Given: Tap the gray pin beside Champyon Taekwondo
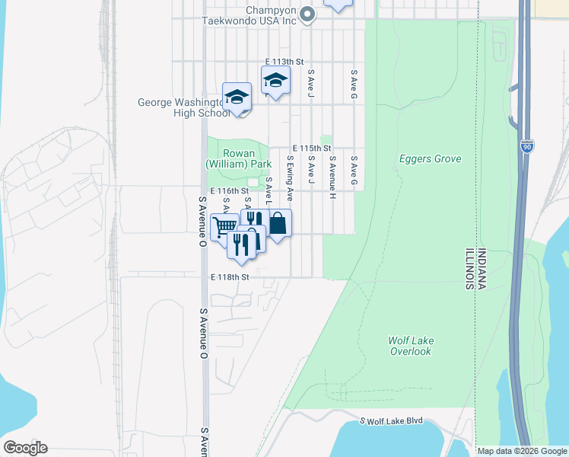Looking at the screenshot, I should (307, 14).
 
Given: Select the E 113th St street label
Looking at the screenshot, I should (284, 62).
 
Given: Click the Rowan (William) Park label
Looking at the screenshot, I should (238, 158).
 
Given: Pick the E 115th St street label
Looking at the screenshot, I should (313, 149).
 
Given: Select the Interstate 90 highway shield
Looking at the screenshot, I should (528, 147).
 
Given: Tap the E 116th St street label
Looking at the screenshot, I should (230, 190).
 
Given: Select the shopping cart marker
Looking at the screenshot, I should (224, 226).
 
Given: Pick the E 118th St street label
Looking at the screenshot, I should (230, 277).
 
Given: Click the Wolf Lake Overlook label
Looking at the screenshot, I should (411, 346).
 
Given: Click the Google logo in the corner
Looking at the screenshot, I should (24, 448).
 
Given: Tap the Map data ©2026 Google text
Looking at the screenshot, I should (523, 451).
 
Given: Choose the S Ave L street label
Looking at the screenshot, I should (269, 186).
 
